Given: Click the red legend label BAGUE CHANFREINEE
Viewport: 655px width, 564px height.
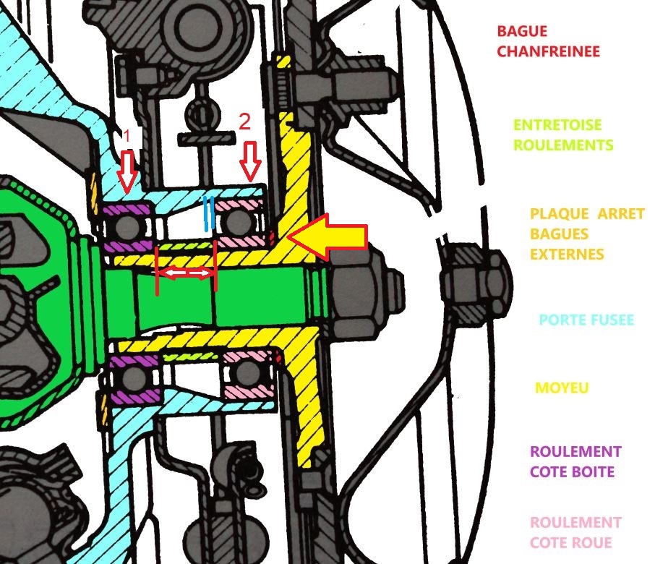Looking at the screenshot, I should click(x=548, y=42).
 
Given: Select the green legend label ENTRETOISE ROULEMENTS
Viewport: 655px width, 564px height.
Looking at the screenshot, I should click(x=563, y=135).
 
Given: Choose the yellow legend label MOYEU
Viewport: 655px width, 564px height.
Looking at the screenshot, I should click(x=562, y=388).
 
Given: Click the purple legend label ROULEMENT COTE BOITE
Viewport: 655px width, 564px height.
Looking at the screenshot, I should click(x=575, y=461).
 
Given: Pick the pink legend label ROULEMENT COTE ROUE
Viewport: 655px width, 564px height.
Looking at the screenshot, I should click(x=575, y=531).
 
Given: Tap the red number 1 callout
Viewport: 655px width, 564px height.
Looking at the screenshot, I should click(x=127, y=135).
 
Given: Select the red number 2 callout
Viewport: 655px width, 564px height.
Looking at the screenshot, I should click(x=244, y=121).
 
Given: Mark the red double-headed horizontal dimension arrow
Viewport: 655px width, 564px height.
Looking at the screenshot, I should click(x=186, y=273).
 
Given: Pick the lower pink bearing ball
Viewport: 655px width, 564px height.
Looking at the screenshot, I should click(x=247, y=372).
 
